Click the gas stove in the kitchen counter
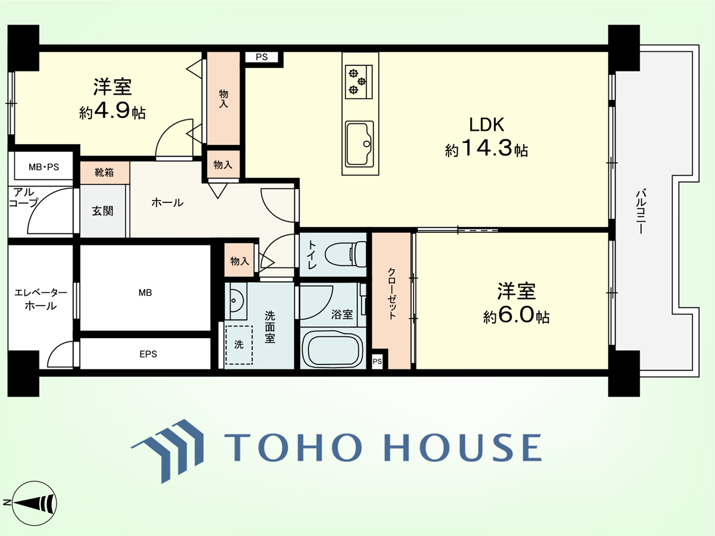[x=359, y=82]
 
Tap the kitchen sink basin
[x=359, y=144]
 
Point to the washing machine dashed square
[x=239, y=345]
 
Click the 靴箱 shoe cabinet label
[x=104, y=172]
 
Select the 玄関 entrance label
[x=102, y=211]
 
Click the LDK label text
[x=486, y=124]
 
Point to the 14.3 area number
[x=487, y=148]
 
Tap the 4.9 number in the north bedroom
[x=113, y=110]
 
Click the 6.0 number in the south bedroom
[x=517, y=314]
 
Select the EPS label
[x=148, y=354]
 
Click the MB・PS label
[x=43, y=167]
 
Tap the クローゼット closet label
[x=391, y=294]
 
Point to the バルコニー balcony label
[x=641, y=211]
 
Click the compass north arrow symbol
[x=29, y=503]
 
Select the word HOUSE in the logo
[x=463, y=447]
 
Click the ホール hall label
[x=167, y=203]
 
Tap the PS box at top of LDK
[x=262, y=57]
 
